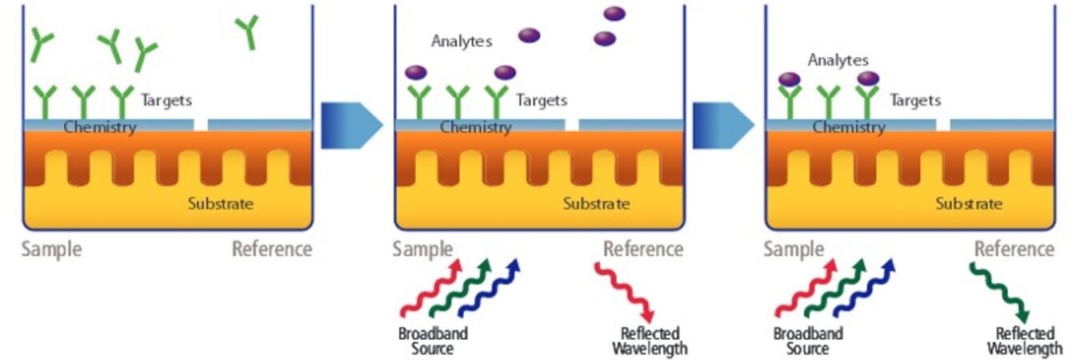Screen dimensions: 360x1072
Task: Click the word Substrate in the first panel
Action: [220, 203]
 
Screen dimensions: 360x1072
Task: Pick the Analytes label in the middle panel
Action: [462, 41]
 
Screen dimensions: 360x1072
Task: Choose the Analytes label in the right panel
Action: [838, 60]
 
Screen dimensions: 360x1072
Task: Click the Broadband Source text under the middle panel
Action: [433, 341]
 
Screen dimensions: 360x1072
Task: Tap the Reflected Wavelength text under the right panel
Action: [1024, 341]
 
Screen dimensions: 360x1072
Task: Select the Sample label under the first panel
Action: [51, 249]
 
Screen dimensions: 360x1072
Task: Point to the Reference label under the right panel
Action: [1014, 249]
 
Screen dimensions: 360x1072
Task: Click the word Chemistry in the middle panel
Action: [474, 127]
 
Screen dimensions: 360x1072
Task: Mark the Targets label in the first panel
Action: [166, 101]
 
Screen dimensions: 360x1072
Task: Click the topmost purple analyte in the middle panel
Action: [614, 14]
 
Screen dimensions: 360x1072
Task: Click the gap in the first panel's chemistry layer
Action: [200, 125]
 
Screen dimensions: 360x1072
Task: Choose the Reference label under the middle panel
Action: [643, 249]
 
